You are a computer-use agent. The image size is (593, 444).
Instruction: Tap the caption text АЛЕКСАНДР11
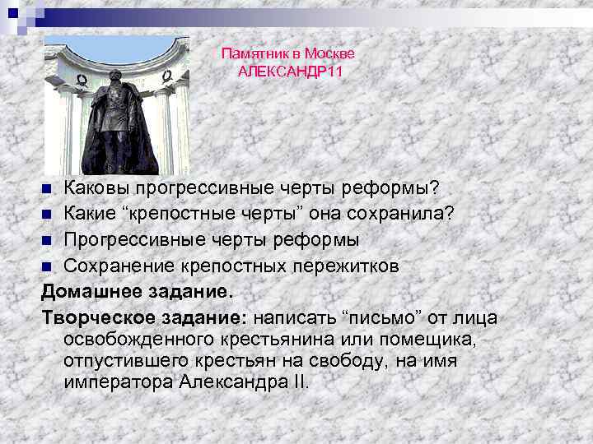pyautogui.click(x=290, y=72)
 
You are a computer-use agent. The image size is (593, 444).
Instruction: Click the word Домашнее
pyautogui.click(x=92, y=292)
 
